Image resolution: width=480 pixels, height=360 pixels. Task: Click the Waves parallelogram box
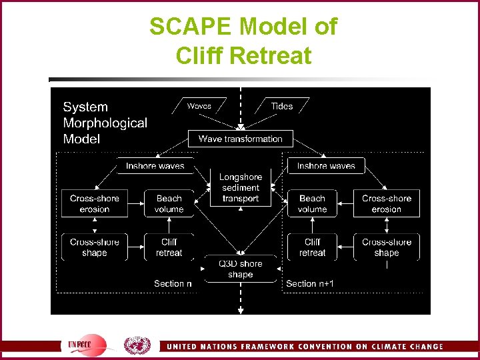(199, 106)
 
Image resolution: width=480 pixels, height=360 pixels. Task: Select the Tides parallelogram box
(281, 106)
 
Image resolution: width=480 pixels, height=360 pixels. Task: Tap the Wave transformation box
(240, 139)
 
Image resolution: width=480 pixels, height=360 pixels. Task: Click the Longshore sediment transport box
(240, 187)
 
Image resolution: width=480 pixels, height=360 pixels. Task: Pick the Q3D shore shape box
(240, 269)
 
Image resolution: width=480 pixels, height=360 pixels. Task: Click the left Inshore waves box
(154, 166)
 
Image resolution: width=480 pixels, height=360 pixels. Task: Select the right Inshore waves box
(326, 166)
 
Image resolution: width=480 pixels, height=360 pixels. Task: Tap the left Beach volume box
(169, 203)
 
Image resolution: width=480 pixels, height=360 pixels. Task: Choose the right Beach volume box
(312, 203)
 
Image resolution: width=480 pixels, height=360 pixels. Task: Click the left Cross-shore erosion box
(95, 203)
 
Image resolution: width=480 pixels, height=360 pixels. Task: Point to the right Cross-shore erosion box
(387, 203)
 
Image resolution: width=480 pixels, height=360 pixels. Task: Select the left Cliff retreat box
(169, 247)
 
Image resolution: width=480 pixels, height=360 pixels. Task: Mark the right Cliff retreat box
(312, 247)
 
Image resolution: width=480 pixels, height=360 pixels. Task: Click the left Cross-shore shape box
(95, 247)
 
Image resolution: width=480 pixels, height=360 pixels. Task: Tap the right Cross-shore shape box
(387, 247)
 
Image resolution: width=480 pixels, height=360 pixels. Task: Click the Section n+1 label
(310, 283)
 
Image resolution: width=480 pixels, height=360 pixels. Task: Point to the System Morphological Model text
(105, 123)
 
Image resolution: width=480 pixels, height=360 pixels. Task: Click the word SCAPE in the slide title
(191, 27)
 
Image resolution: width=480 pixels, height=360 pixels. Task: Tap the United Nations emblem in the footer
(137, 345)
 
